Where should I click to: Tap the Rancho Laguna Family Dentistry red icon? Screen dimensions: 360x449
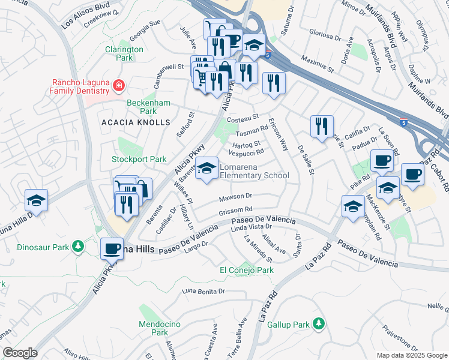(x=119, y=86)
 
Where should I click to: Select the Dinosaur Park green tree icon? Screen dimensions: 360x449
(x=77, y=247)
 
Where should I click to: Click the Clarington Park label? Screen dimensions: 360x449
(x=124, y=53)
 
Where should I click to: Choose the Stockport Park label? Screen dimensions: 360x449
(x=139, y=159)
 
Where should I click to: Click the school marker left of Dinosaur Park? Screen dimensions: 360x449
(x=36, y=201)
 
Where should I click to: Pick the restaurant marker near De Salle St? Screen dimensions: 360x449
(x=321, y=127)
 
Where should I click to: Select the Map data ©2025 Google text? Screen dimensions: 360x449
(x=411, y=355)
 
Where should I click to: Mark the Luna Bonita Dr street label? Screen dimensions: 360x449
(x=203, y=292)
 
